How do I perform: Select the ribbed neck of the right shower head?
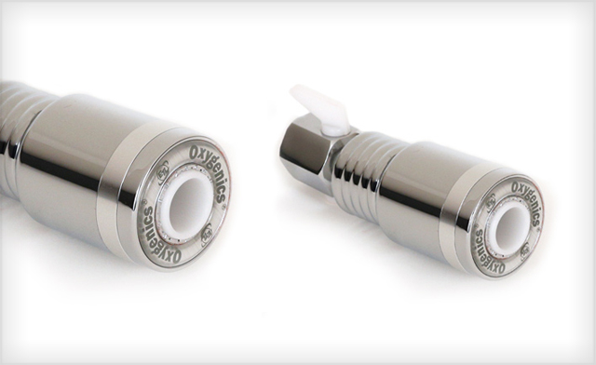tap(359, 169)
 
